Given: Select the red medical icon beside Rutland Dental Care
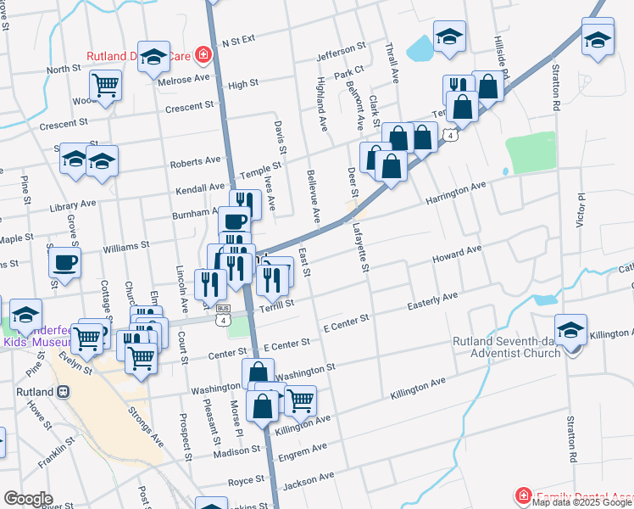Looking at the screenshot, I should [x=203, y=57].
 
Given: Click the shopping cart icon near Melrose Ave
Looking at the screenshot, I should [x=105, y=85].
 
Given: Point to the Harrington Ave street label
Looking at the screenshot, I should [x=455, y=194].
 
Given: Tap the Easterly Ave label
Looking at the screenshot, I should [x=432, y=299].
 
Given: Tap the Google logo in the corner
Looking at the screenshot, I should [x=29, y=499].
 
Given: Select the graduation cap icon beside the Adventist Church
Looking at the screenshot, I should [x=570, y=330].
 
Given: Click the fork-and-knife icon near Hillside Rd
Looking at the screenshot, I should [x=458, y=88].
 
